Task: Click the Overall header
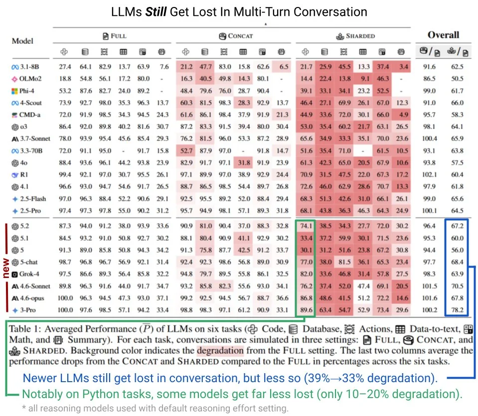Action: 443,35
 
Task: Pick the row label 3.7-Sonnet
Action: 32,139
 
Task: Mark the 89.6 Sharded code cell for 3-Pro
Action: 306,310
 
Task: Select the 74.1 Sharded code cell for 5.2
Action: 306,226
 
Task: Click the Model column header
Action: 22,41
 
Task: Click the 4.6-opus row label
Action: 31,298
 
